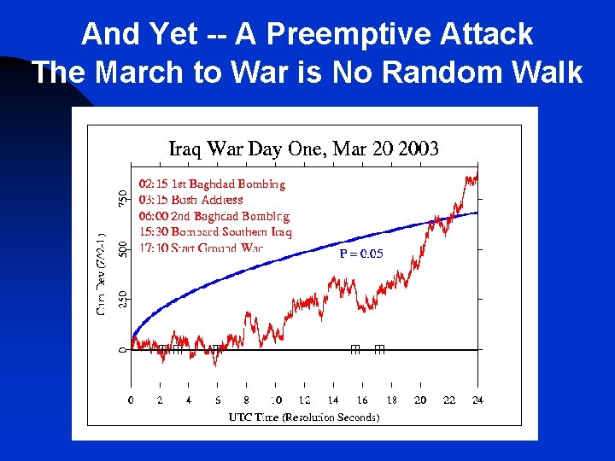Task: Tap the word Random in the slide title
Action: pos(444,72)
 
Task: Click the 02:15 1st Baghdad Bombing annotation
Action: pos(212,184)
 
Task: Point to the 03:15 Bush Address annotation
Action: pos(190,200)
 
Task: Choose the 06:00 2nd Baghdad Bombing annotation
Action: pos(214,216)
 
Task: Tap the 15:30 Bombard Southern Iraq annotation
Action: pos(214,232)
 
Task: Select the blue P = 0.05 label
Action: pos(361,254)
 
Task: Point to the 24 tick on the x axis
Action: pos(477,400)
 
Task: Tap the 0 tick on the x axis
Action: pos(131,400)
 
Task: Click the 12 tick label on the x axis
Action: pos(304,400)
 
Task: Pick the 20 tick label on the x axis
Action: pos(420,400)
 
